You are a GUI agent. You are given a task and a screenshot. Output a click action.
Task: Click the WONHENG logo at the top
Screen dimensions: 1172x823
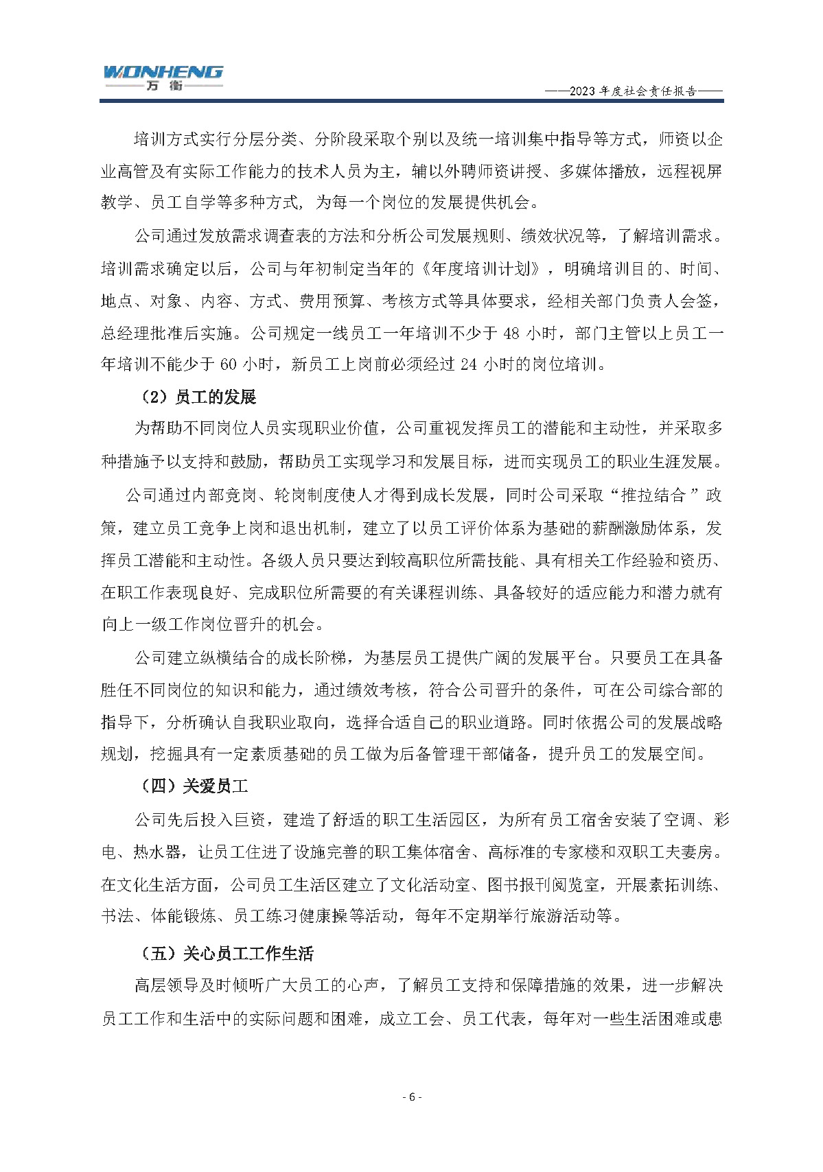point(163,71)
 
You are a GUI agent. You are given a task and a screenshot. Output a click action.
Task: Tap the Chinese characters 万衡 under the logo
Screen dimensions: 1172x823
point(163,86)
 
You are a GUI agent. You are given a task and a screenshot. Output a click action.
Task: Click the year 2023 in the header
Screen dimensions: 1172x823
point(583,91)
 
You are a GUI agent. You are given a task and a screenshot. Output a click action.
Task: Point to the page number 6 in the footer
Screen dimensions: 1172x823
point(411,1097)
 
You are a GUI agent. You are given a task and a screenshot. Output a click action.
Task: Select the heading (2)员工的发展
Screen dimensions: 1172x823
point(198,397)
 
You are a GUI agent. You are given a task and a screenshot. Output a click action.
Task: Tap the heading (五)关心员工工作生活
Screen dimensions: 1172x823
point(227,954)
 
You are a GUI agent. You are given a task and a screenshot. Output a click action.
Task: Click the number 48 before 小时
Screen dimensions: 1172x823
point(511,333)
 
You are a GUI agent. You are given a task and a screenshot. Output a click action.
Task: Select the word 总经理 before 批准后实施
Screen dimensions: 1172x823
point(125,333)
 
